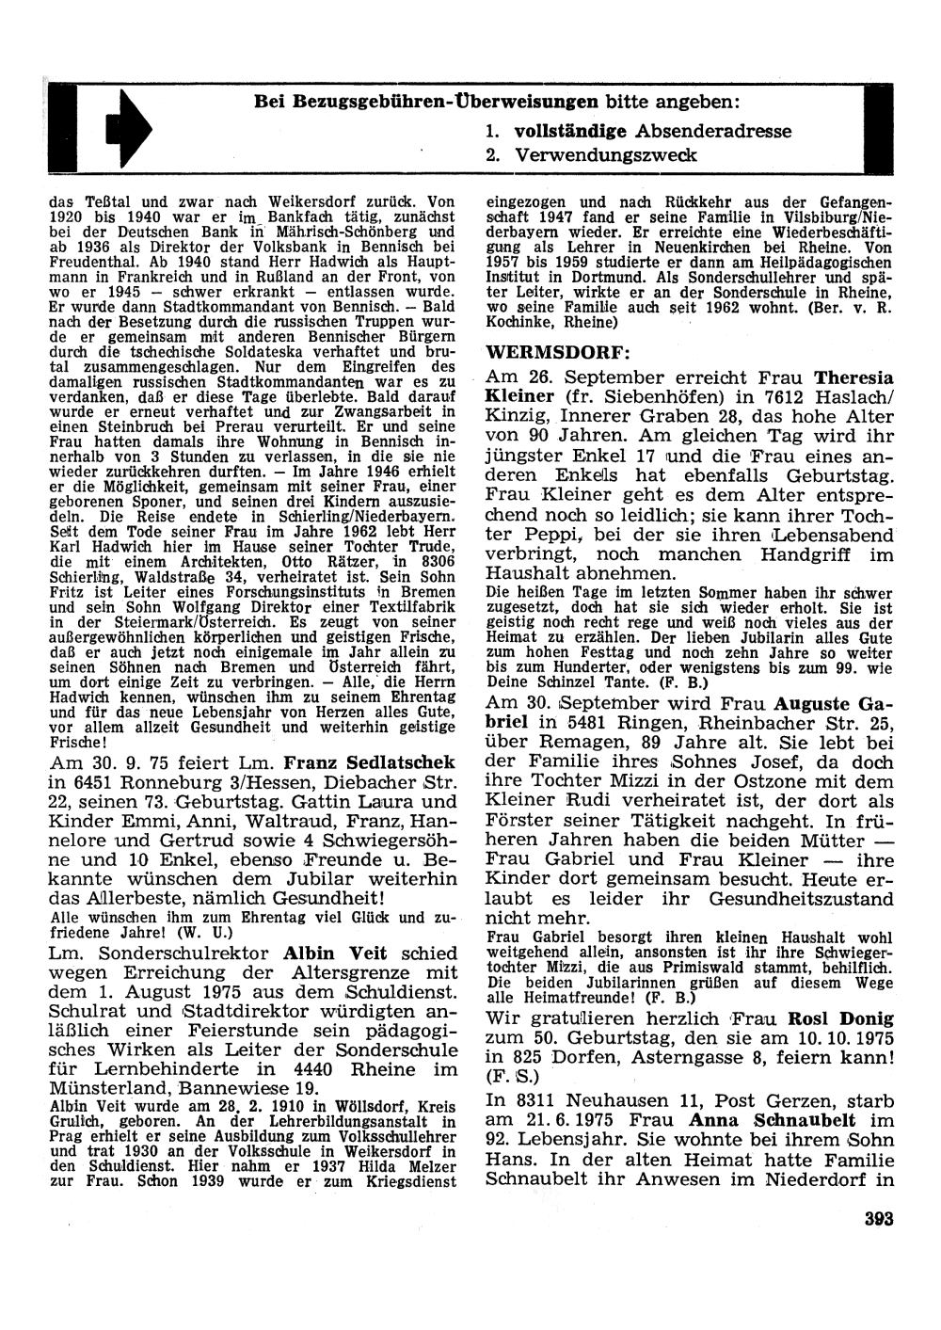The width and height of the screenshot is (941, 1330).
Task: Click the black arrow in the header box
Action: click(128, 129)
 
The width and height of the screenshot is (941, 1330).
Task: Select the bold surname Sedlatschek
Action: click(400, 761)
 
